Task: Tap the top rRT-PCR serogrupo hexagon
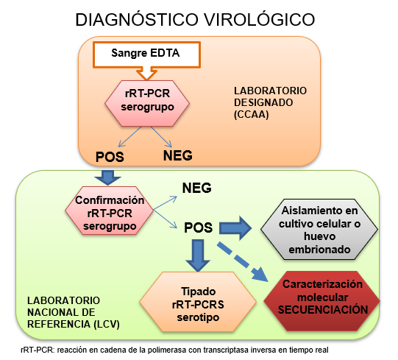pos(147,102)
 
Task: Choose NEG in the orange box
pos(177,156)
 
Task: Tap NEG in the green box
pos(196,188)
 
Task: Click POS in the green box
pos(198,227)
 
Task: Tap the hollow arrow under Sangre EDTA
pos(145,73)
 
